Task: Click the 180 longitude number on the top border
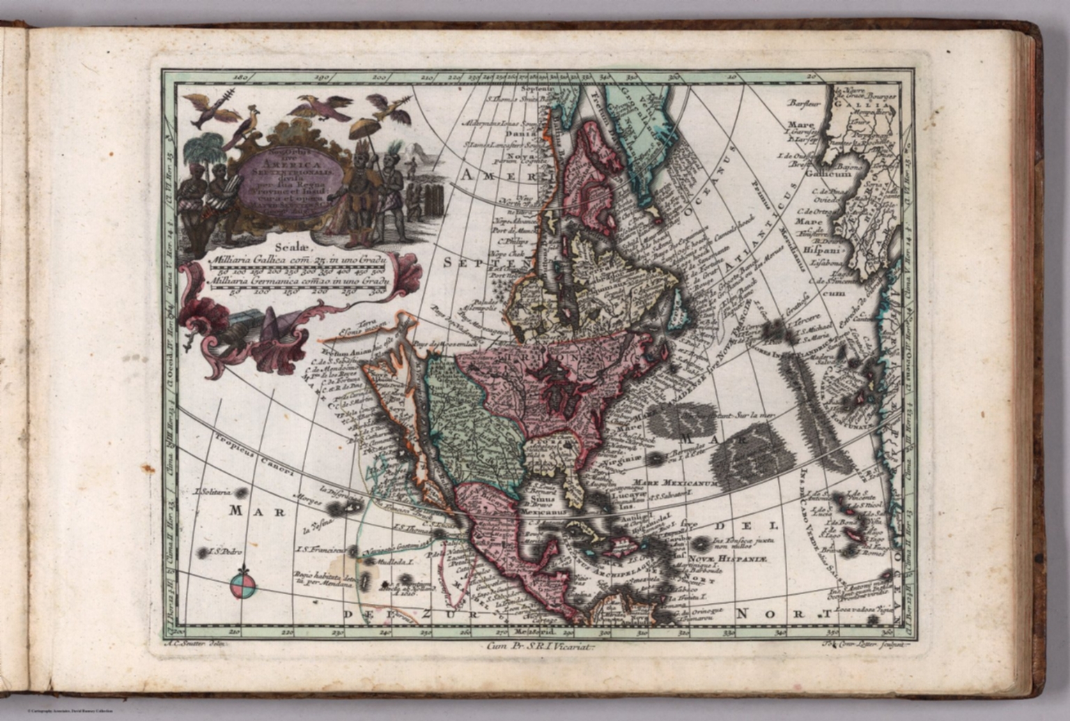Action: tap(241, 77)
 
